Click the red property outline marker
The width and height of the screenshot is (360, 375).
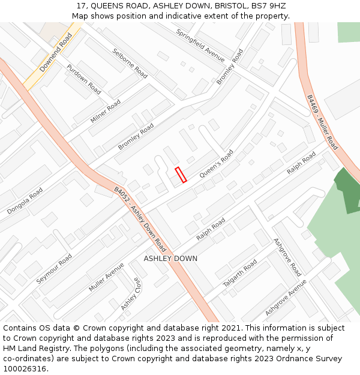[x=181, y=175]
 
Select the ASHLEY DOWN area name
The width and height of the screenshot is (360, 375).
[x=170, y=259]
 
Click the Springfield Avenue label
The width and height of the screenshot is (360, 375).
[x=200, y=45]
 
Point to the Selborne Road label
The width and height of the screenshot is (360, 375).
[x=130, y=63]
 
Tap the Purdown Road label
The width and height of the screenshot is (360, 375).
[x=84, y=79]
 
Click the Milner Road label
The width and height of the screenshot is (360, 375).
[x=106, y=112]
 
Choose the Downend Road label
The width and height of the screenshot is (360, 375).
[x=56, y=53]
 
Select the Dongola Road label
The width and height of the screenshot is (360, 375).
[x=25, y=201]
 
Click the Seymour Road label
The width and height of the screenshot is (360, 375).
[x=54, y=269]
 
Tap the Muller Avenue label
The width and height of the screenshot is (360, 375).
[x=106, y=277]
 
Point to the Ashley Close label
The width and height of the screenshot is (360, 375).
[x=130, y=294]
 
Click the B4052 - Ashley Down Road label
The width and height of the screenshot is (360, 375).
[x=140, y=218]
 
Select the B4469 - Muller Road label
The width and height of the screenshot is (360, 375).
[x=322, y=122]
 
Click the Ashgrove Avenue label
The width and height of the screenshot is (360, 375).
[x=286, y=298]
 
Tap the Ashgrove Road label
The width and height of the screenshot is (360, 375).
[x=287, y=257]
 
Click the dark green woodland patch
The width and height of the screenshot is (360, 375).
[x=348, y=189]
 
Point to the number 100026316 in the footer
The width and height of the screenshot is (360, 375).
[x=25, y=369]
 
